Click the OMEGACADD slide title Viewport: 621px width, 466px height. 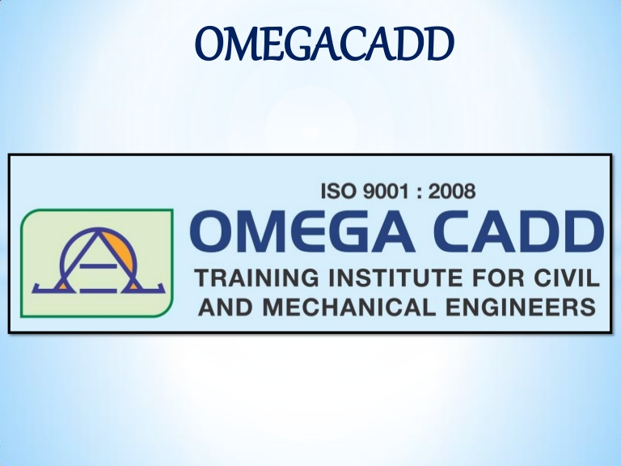click(x=324, y=44)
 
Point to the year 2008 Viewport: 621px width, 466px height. click(x=452, y=191)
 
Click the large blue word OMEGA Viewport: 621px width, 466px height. click(x=303, y=232)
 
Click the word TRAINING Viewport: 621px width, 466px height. click(x=256, y=277)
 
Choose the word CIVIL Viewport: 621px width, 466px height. click(x=567, y=277)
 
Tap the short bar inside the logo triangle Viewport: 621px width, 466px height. click(x=98, y=265)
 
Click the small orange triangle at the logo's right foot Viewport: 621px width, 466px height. click(x=134, y=286)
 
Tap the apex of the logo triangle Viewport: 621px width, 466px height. click(x=98, y=231)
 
